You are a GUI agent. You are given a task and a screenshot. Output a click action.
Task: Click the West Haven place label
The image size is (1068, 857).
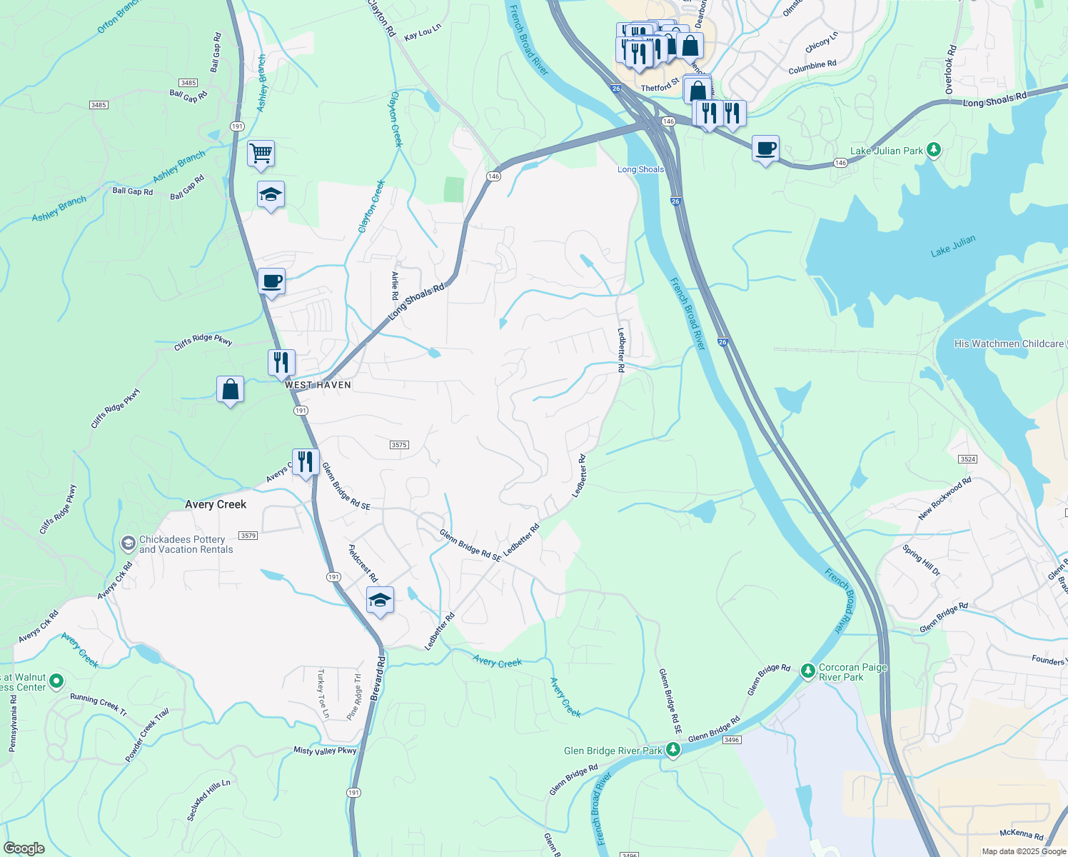coord(318,385)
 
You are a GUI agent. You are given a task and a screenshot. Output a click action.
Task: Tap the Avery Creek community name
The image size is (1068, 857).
coord(216,504)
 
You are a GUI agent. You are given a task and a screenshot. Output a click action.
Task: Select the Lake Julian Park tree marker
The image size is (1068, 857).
coord(934,150)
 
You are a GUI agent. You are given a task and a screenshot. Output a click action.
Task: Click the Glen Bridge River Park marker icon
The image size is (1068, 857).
coord(672,750)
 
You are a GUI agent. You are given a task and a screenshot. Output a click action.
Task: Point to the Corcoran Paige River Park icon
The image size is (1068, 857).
coord(807,671)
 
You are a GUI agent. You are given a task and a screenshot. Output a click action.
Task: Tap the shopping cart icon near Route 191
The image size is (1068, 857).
coord(261,152)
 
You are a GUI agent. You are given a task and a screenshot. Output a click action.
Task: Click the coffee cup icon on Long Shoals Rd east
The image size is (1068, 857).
coord(765,149)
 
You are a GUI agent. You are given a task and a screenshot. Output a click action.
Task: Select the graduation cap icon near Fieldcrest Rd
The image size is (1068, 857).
coord(380,600)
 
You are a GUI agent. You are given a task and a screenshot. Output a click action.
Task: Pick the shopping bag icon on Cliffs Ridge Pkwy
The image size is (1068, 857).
coord(230,390)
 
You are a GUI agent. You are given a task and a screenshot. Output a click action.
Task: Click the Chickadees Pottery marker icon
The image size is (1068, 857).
coord(128,544)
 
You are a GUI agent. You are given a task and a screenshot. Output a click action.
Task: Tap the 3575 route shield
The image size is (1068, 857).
coord(399,445)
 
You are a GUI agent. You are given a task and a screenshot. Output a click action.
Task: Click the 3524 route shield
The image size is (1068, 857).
coord(968,459)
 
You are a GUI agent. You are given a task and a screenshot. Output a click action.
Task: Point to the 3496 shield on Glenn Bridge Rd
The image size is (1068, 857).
coord(731,740)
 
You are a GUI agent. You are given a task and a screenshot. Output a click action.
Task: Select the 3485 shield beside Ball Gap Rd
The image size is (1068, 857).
coord(188,83)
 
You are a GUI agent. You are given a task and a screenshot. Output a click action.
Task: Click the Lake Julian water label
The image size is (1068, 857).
coord(952,246)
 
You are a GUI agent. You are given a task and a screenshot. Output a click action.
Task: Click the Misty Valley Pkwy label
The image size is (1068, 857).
coord(325,751)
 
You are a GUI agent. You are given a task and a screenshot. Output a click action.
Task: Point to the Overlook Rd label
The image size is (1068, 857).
coord(950,70)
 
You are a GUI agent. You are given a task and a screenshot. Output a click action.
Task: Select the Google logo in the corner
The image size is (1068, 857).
coord(24,848)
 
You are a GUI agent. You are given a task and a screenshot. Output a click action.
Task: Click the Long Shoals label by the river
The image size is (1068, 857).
coord(640,169)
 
